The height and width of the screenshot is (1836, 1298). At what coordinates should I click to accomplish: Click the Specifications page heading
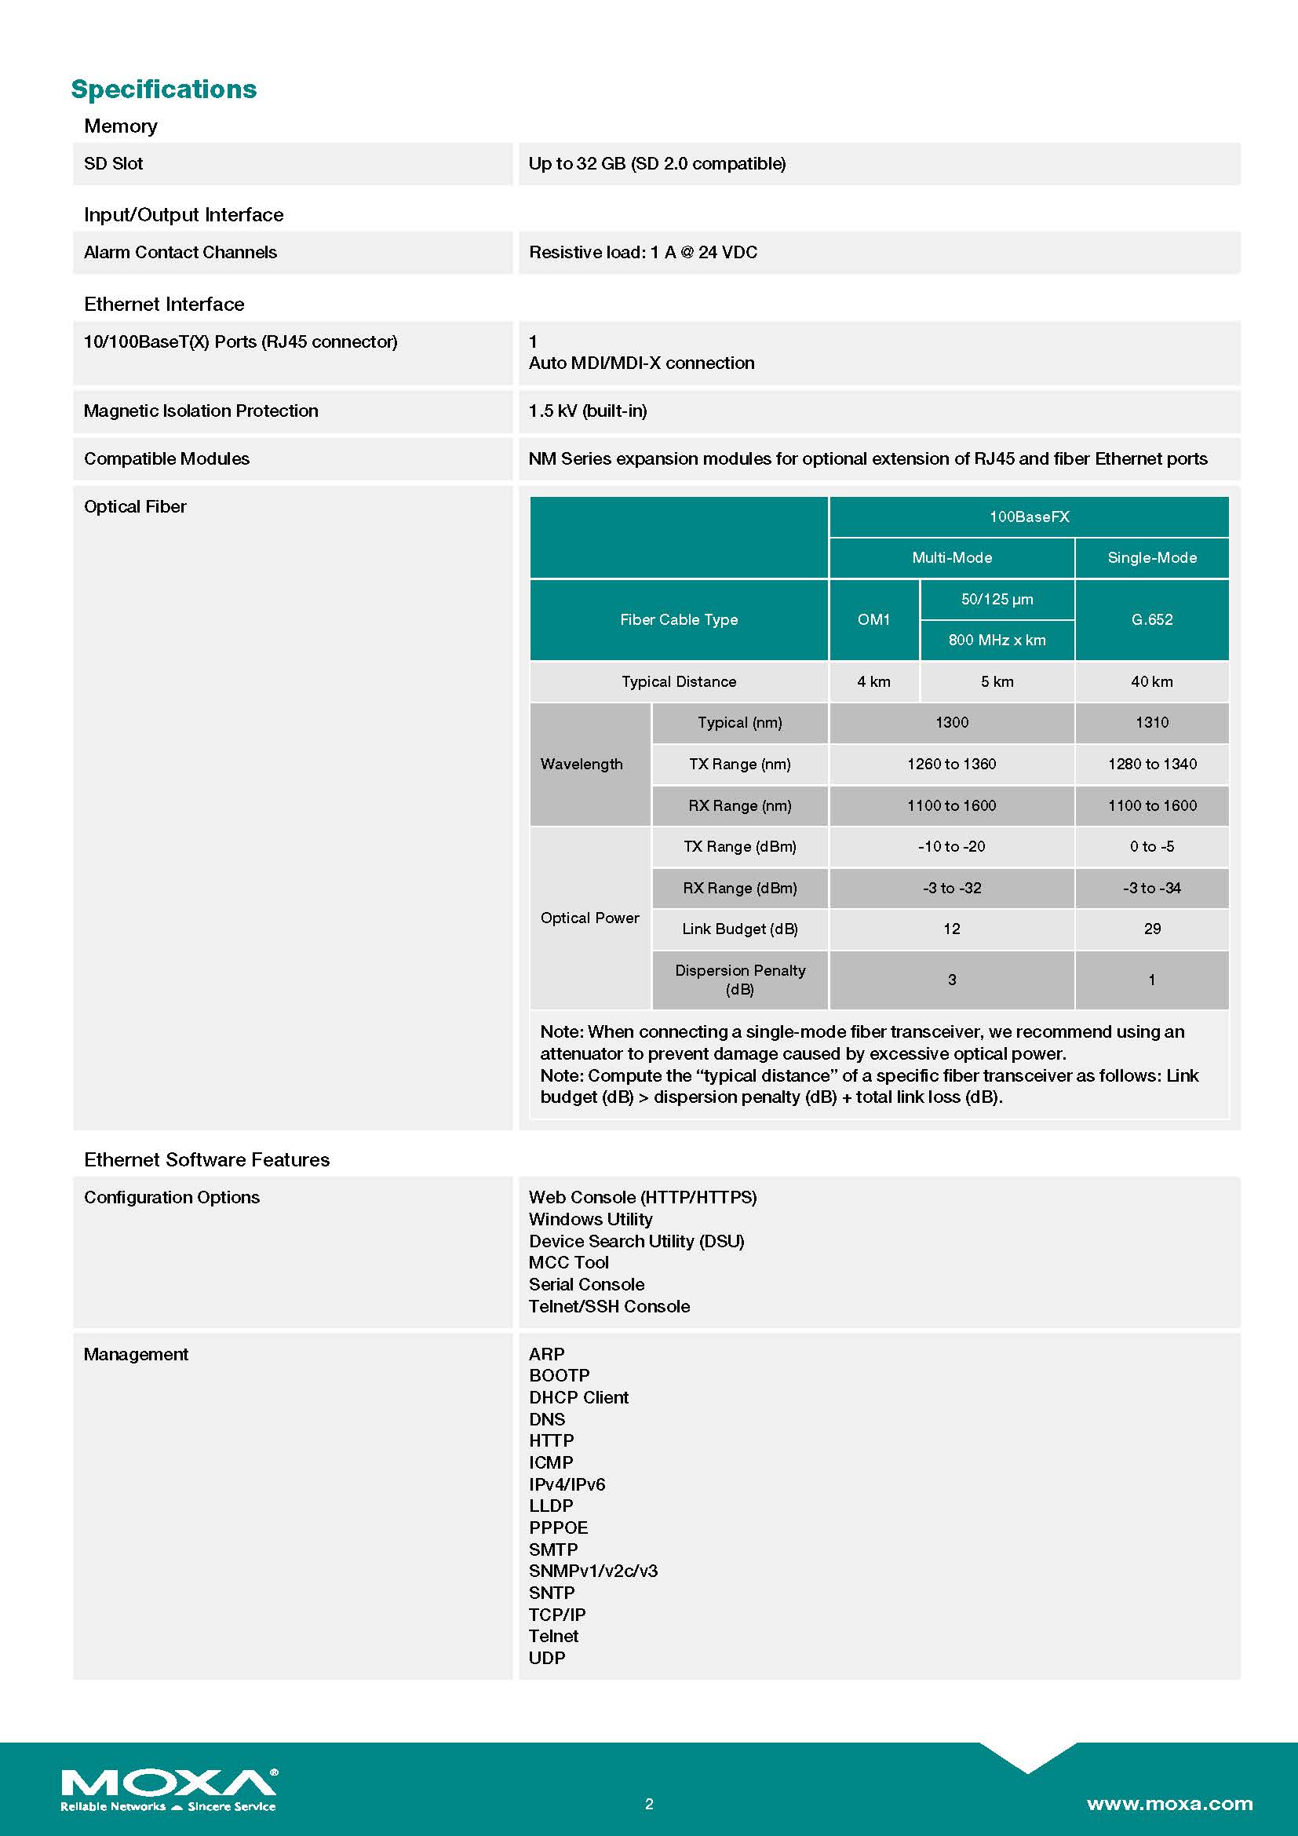[x=164, y=89]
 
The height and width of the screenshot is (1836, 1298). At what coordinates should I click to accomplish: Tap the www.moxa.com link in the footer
[x=1169, y=1803]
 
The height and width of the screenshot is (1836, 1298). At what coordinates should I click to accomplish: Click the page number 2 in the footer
[x=649, y=1804]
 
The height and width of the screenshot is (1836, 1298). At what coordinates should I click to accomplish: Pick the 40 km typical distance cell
[x=1152, y=681]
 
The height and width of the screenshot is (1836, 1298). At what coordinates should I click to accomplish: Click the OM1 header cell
[x=873, y=620]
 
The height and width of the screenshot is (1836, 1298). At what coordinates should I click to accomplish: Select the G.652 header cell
[x=1152, y=620]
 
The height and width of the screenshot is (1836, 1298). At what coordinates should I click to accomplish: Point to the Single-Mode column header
[x=1152, y=557]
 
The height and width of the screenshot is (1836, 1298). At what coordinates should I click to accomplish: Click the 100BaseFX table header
[x=1029, y=516]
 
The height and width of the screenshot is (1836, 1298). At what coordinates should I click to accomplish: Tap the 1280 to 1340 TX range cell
[x=1152, y=764]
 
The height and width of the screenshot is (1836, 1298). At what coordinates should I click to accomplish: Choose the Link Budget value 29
[x=1152, y=929]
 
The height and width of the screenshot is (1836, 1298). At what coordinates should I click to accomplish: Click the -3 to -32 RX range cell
[x=951, y=888]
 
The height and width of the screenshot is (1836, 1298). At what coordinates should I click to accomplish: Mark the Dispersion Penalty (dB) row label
[x=739, y=980]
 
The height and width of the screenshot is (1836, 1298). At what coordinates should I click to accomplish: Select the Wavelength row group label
[x=582, y=764]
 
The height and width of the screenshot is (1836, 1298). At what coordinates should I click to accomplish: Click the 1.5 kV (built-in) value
[x=588, y=411]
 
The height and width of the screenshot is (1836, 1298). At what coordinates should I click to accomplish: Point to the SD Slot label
[x=114, y=164]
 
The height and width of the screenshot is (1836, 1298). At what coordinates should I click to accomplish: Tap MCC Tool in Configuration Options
[x=568, y=1263]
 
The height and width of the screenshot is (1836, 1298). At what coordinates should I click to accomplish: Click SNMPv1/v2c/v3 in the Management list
[x=593, y=1571]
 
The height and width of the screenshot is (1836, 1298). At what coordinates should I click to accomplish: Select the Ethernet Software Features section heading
[x=206, y=1159]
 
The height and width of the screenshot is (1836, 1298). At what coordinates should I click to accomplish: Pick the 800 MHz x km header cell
[x=997, y=640]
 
